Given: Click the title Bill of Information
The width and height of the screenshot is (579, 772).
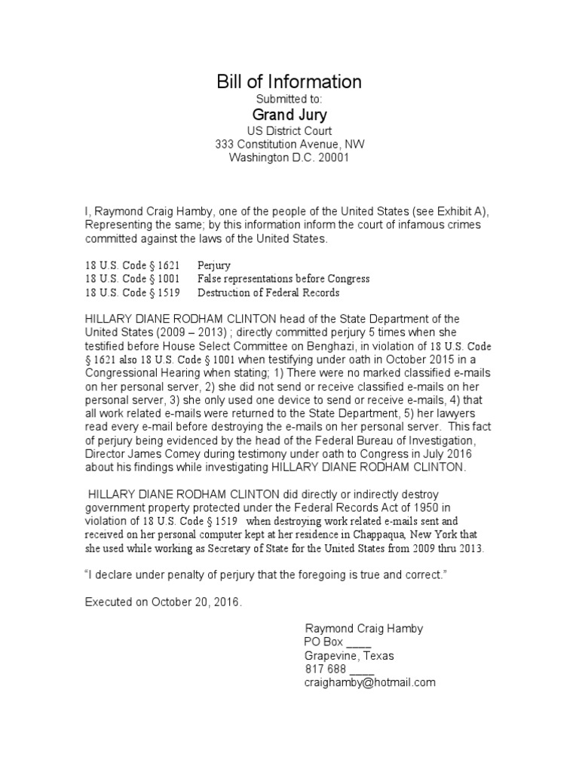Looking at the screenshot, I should coord(289,81).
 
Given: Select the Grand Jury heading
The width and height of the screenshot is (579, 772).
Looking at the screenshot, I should coord(289,115).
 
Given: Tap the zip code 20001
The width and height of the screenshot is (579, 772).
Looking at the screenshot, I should coord(332,158).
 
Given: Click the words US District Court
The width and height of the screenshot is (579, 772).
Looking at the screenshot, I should coord(289,130).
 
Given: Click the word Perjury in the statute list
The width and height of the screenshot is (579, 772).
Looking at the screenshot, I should coord(214,266).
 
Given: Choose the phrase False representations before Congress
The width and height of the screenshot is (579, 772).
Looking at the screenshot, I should coord(283,279).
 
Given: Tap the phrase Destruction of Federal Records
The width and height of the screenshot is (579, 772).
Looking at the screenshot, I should coord(268,293).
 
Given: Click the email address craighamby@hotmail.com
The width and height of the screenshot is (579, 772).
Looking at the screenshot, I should coord(369,682).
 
